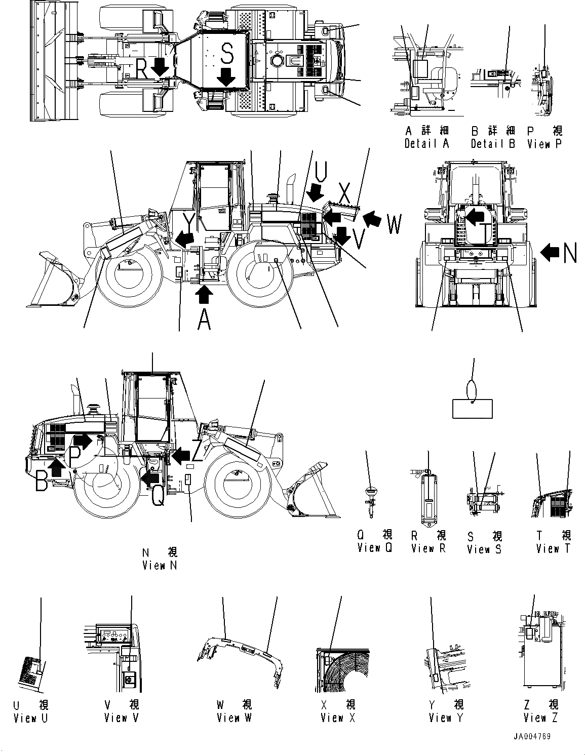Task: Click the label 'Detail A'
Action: point(426,144)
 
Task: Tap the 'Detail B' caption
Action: point(492,144)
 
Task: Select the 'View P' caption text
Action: point(544,144)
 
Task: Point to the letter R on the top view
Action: point(142,69)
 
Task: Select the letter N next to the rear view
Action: point(570,252)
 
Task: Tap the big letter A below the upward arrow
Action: point(204,319)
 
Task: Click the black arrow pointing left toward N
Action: point(550,251)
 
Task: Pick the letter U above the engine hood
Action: point(321,172)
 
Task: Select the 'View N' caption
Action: point(160,566)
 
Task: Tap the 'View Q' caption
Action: point(374,548)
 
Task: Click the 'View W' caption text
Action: point(234,718)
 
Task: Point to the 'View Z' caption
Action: point(540,718)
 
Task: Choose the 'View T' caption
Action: point(553,548)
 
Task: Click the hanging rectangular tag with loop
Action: point(472,408)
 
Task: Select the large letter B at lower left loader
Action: point(43,481)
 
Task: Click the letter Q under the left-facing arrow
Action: point(158,495)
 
